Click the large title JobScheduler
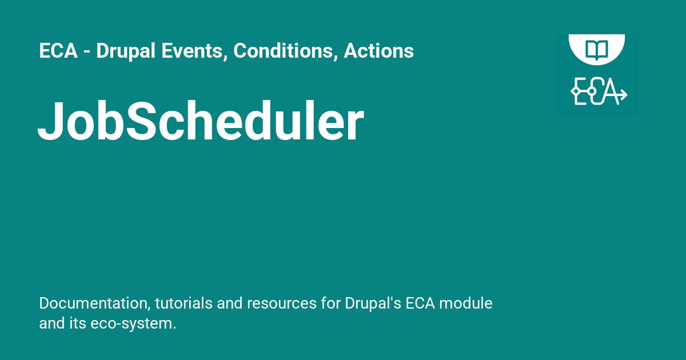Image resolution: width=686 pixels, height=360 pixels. [200, 122]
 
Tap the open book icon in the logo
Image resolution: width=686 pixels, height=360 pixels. [596, 49]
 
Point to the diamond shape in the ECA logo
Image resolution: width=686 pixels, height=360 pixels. [576, 91]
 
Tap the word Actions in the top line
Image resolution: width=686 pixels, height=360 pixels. [378, 51]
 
